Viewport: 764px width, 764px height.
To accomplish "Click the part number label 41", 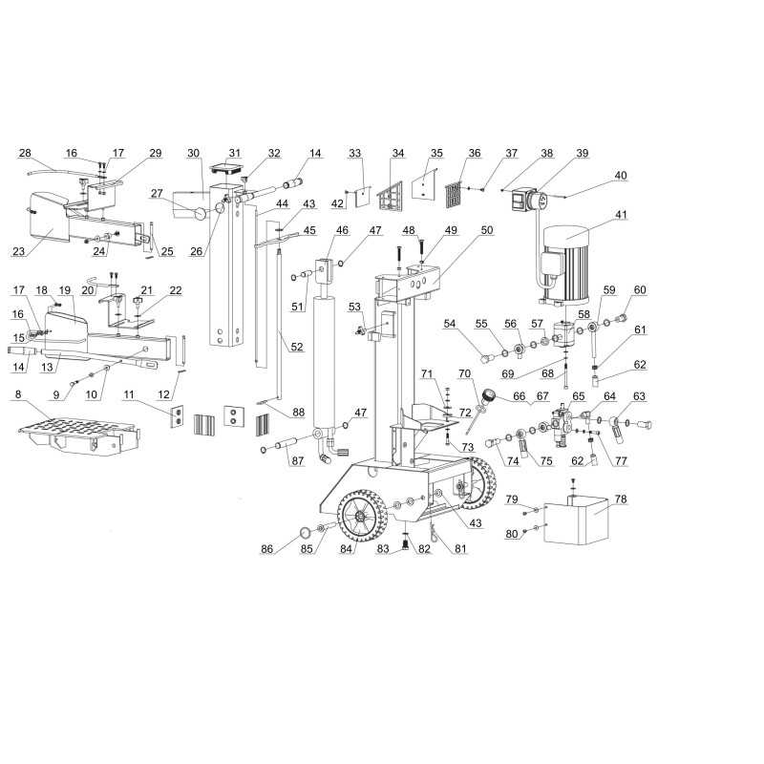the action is pos(621,214).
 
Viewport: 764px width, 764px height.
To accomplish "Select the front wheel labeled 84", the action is pos(362,516).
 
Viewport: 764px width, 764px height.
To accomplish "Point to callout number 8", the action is pos(18,393).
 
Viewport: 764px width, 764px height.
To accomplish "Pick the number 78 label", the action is pos(620,499).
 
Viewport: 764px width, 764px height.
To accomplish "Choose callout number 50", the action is pos(487,230).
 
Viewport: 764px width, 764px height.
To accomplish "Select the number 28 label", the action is pos(25,153).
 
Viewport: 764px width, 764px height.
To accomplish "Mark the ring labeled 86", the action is pos(305,531).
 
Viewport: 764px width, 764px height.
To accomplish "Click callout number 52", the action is pos(297,347).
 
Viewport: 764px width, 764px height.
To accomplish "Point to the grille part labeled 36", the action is pos(454,195).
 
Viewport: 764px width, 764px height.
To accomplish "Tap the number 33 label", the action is pos(354,153).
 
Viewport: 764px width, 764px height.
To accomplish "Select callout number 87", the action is pos(297,461).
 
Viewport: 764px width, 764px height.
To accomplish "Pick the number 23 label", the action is pos(18,251).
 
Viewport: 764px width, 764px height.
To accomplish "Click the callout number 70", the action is pos(464,373).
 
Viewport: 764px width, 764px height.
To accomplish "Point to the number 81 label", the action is pos(460,548).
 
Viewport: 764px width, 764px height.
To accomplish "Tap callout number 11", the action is pos(128,393).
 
